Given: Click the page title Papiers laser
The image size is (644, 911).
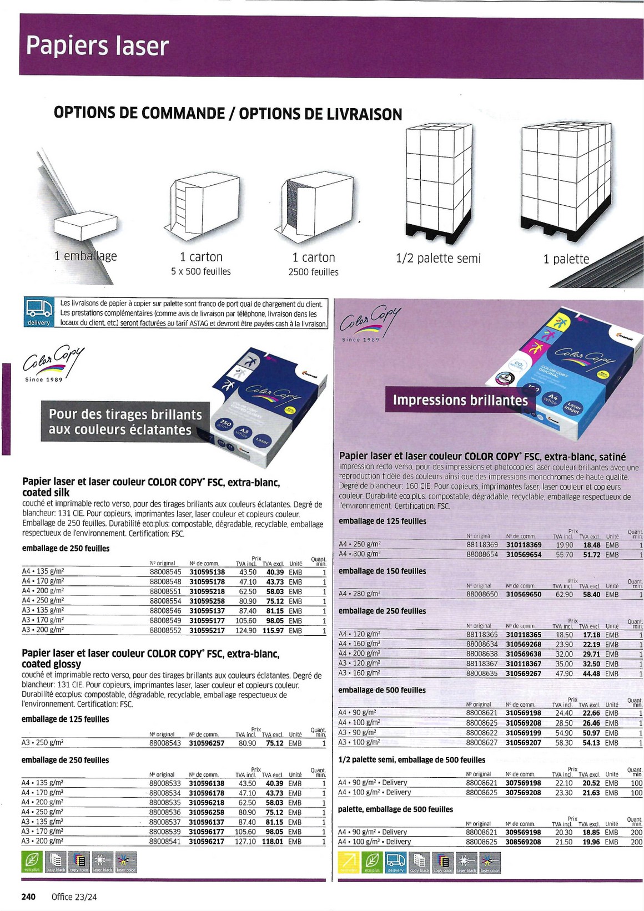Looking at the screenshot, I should pos(97,46).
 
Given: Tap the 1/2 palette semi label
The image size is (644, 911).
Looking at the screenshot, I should pos(438,258).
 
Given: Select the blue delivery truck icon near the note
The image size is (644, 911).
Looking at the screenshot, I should pos(39,312).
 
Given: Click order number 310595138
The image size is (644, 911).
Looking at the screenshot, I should pos(207,571).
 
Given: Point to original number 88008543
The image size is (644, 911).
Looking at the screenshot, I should pos(165,743).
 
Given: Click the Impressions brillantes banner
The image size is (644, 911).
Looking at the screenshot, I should pos(460,400).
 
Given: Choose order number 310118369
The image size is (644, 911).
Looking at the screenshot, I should pos(524,545).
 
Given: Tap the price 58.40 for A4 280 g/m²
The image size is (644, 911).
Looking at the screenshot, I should pos(591,594).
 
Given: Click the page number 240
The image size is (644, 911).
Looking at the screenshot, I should pos(28,897).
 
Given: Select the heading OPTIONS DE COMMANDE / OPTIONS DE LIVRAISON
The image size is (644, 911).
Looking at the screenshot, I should pos(228,113).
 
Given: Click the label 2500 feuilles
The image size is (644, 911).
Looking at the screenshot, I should pos(313,272).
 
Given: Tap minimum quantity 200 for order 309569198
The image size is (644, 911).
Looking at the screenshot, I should pos(636,832).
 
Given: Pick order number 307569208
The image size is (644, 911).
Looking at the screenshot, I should pos(523,793).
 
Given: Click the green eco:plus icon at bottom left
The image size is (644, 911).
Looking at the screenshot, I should pos(32,862).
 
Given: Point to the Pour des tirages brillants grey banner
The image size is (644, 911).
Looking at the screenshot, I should pos(125,422).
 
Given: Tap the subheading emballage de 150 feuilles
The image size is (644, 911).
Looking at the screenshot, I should pos(383,571).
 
